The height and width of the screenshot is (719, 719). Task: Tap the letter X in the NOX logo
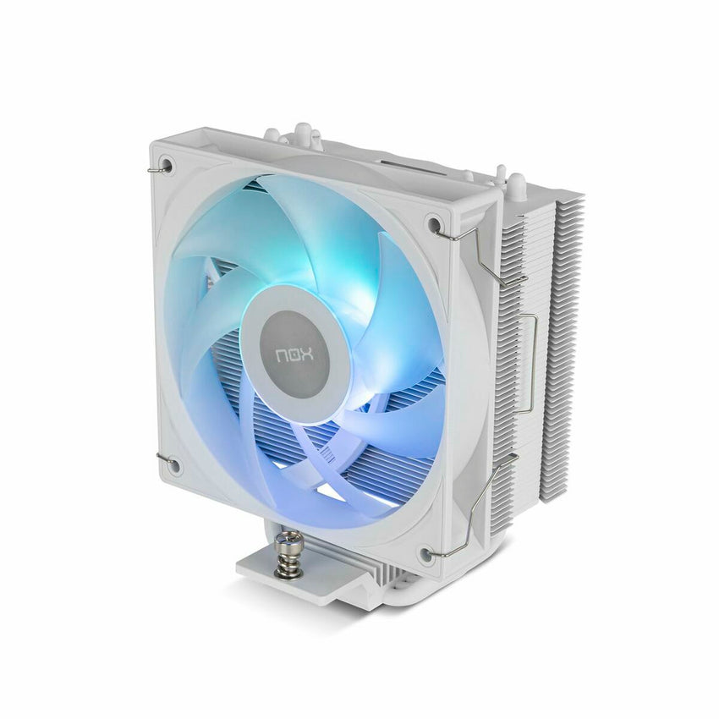click(x=308, y=355)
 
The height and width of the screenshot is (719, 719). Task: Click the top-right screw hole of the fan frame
click(x=432, y=222)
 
